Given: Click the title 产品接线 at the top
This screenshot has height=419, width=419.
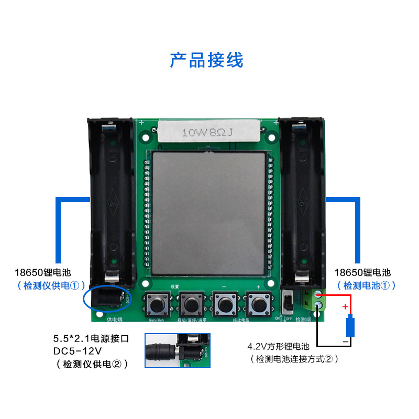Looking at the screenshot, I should pyautogui.click(x=206, y=60).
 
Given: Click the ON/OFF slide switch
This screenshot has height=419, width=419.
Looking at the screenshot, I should pyautogui.click(x=286, y=303).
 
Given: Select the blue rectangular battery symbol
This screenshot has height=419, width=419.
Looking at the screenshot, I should pyautogui.click(x=350, y=325).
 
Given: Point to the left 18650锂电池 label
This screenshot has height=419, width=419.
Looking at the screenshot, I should pyautogui.click(x=42, y=272).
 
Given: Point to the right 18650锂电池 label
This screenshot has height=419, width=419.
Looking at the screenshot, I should pyautogui.click(x=362, y=272).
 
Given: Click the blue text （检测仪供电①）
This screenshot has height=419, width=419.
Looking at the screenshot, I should pyautogui.click(x=50, y=285).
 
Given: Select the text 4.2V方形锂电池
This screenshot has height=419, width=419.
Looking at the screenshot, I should pyautogui.click(x=279, y=347).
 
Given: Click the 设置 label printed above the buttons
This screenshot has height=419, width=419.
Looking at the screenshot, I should pyautogui.click(x=175, y=286).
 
